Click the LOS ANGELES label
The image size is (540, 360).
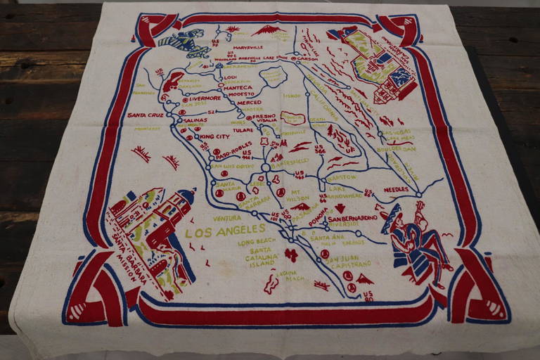pos(225,230)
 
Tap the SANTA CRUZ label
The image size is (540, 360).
pos(146,115)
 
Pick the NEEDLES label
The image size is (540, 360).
pos(396,189)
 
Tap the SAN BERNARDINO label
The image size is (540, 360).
pos(354,219)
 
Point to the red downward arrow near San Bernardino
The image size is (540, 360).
pos(340,208)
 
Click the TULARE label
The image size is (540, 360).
pos(243,130)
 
